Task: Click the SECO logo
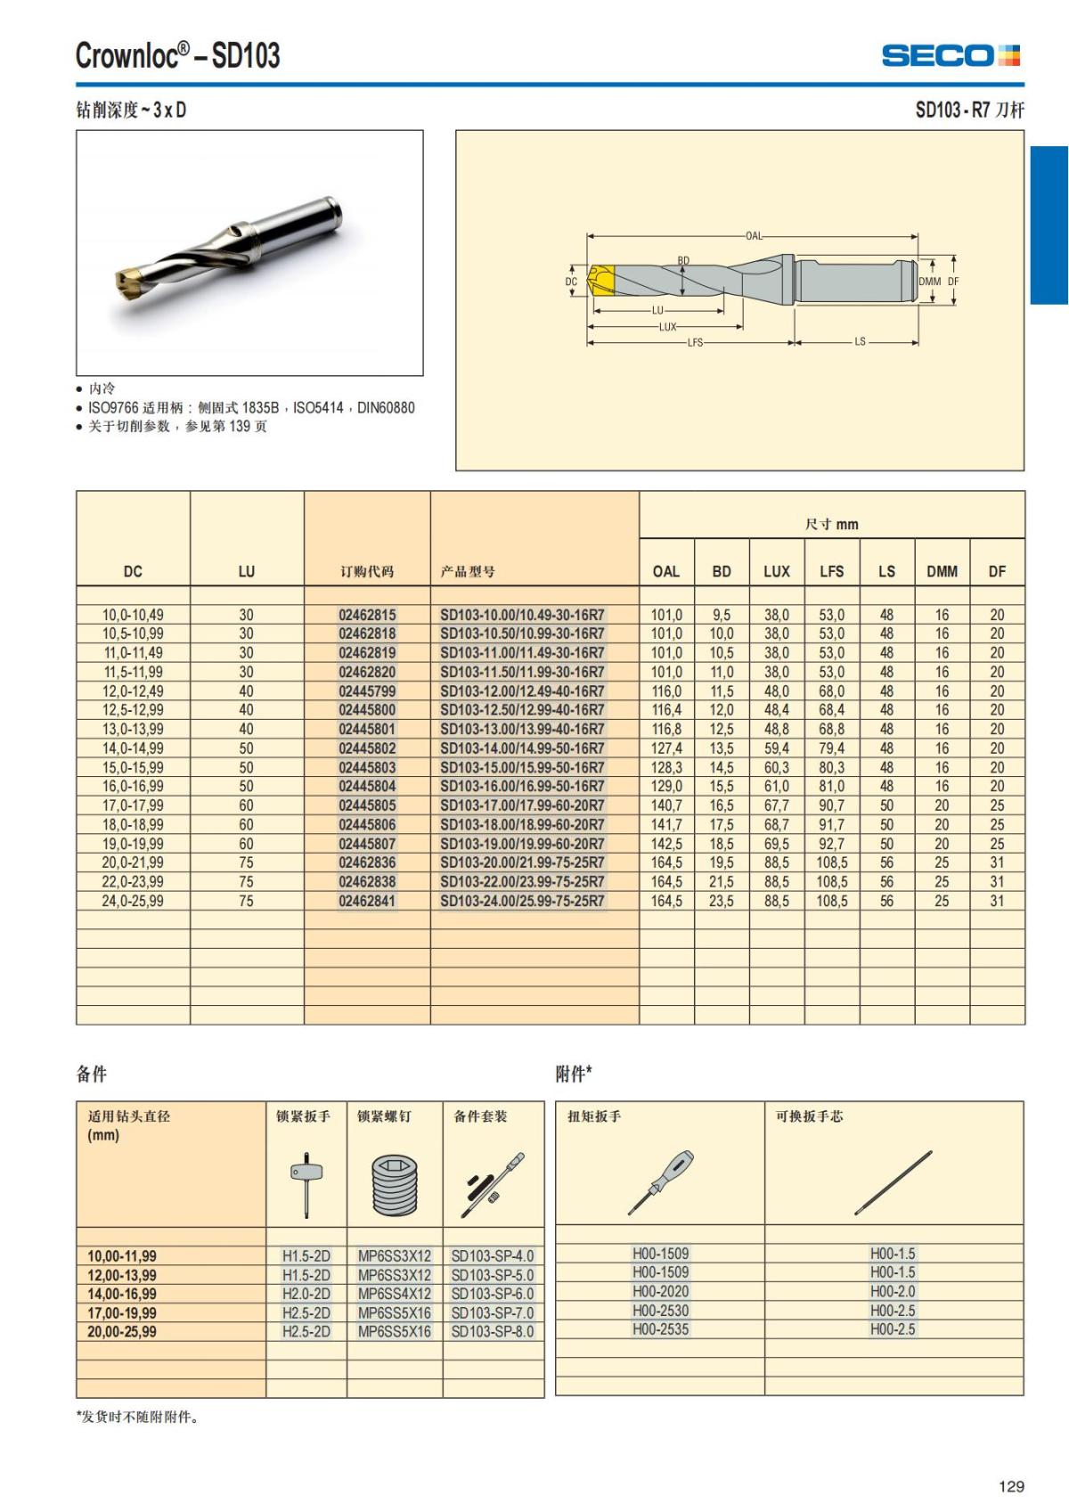[x=951, y=56]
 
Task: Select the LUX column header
[x=776, y=571]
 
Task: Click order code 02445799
[x=367, y=691]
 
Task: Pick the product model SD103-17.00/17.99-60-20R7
[x=522, y=805]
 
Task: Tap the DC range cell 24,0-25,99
[x=133, y=901]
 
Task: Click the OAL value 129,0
[x=666, y=787]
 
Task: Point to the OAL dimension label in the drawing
[x=754, y=236]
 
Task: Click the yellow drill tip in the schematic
[x=601, y=281]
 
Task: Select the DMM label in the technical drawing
[x=929, y=282]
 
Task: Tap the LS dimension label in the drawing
[x=860, y=341]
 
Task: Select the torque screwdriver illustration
[x=660, y=1182]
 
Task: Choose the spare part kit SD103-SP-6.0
[x=493, y=1294]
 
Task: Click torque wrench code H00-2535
[x=660, y=1329]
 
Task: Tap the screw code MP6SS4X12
[x=394, y=1294]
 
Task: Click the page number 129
[x=1011, y=1486]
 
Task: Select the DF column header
[x=997, y=571]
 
